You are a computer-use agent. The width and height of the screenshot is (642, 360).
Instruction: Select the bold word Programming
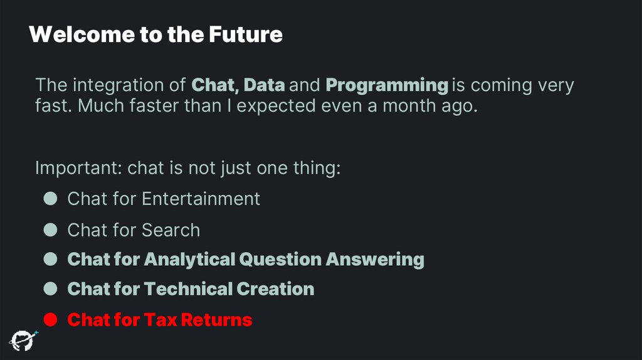[x=387, y=85]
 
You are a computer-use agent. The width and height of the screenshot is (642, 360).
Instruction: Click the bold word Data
[x=264, y=85]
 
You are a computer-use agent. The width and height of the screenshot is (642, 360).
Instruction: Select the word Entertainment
[x=201, y=199]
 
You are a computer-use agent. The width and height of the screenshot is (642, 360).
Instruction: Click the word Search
[x=170, y=230]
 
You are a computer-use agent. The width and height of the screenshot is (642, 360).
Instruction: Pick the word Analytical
[x=190, y=259]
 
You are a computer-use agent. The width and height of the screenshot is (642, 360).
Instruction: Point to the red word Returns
[x=215, y=320]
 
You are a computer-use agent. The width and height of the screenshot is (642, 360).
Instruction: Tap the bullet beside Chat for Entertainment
[x=51, y=199]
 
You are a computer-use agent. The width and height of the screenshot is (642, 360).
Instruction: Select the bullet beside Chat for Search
[x=51, y=230]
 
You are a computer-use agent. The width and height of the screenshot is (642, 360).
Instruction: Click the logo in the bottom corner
[x=22, y=339]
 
